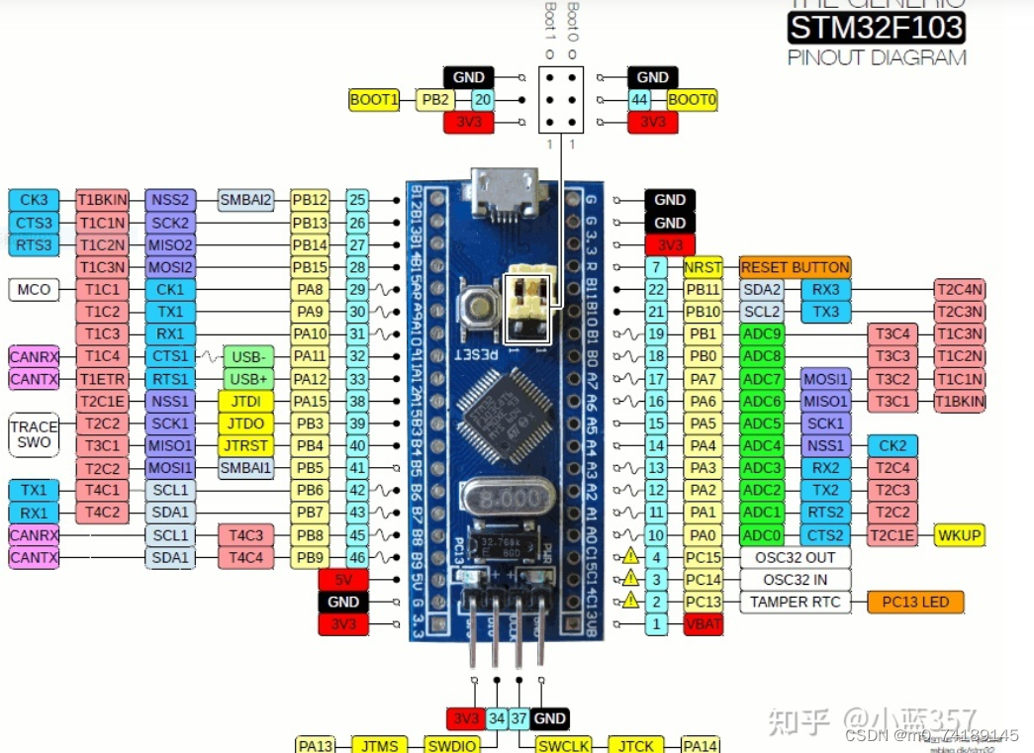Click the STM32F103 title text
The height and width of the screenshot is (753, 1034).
(876, 27)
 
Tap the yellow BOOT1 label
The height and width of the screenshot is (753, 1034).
(374, 100)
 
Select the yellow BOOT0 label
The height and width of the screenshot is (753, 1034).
(692, 100)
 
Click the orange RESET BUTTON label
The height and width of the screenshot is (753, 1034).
(795, 267)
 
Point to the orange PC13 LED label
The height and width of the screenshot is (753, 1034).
(915, 602)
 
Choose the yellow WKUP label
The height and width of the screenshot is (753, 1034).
(959, 535)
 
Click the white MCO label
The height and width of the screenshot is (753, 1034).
(33, 290)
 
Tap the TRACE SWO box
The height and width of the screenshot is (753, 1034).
(34, 435)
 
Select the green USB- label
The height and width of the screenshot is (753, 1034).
(248, 356)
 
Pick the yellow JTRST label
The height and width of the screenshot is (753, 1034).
(246, 445)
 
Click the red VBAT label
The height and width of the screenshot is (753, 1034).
(703, 624)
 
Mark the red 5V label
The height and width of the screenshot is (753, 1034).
(343, 580)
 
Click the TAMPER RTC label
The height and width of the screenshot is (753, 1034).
(795, 602)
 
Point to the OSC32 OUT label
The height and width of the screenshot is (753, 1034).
(795, 557)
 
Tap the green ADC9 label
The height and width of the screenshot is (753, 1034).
(763, 333)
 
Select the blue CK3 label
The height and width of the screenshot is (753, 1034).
(34, 200)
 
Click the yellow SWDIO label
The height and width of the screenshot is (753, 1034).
(451, 745)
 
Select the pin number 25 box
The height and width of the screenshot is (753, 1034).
(357, 200)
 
